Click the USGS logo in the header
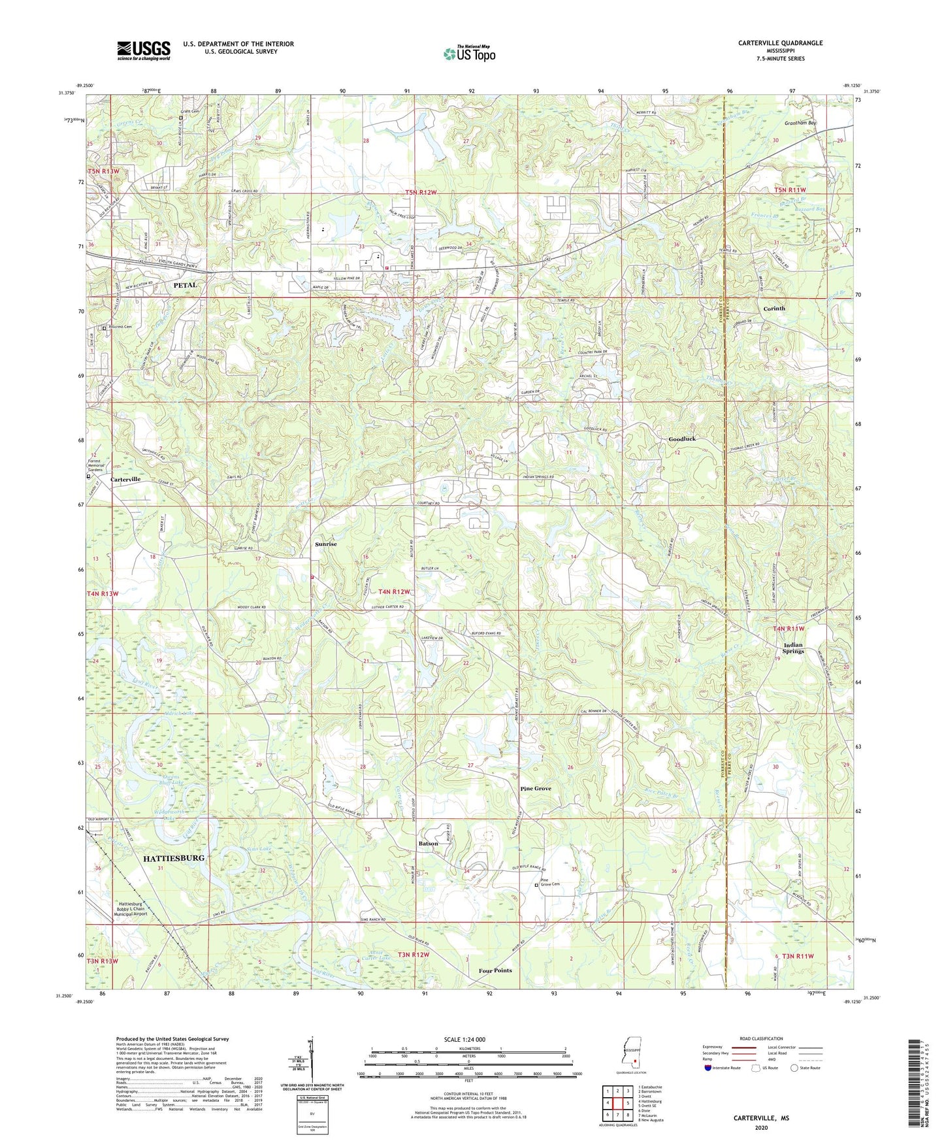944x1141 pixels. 143,50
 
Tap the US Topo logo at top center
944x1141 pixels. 468,54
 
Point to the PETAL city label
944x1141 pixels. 185,286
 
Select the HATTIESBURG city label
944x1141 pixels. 174,857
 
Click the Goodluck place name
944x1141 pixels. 681,439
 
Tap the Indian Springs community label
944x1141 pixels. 793,648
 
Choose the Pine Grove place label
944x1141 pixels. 535,789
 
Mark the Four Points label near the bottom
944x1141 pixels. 495,970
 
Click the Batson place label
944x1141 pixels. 428,844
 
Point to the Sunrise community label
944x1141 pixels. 326,544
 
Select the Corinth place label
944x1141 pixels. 774,308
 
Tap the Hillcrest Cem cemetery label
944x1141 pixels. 120,327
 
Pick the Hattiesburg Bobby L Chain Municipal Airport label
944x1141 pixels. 131,908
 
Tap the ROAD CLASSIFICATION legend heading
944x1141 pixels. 761,1038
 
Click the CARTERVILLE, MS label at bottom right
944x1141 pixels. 761,1118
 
